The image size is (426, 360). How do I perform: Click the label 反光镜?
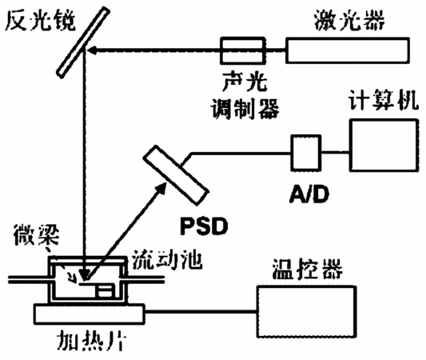tap(40, 21)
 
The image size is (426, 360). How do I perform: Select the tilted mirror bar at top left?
tap(83, 42)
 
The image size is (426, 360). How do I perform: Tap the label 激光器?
tap(349, 20)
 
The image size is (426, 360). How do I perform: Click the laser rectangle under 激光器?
tap(348, 51)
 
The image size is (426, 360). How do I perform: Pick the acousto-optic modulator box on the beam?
tap(243, 51)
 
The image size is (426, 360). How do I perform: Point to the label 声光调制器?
tap(245, 95)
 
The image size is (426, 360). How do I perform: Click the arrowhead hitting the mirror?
tap(93, 50)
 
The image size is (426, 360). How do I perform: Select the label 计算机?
tap(384, 100)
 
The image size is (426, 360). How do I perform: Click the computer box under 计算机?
tap(384, 145)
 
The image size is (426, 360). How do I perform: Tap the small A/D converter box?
tap(306, 153)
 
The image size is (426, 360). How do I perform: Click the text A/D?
tap(309, 194)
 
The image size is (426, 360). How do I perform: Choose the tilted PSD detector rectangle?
tap(176, 175)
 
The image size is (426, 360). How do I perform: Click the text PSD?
tap(204, 226)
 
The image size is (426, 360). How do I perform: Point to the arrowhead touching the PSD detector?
tap(161, 188)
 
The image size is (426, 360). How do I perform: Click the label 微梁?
tap(36, 234)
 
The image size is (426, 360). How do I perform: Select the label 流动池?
tap(167, 260)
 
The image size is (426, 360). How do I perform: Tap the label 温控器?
tap(307, 269)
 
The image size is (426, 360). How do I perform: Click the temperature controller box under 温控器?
tap(307, 312)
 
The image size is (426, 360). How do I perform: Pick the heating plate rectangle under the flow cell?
tap(89, 314)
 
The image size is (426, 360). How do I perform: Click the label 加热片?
tap(92, 340)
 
